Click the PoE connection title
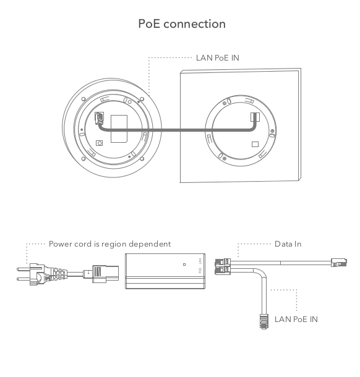(x=182, y=24)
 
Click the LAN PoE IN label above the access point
(x=218, y=58)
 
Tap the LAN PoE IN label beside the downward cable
(x=296, y=320)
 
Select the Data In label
(x=288, y=244)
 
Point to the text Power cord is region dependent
(x=109, y=244)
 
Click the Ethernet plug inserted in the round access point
(x=99, y=118)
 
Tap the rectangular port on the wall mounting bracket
(x=255, y=117)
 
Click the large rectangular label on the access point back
(x=119, y=129)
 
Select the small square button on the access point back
(x=100, y=143)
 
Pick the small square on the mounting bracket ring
(x=255, y=144)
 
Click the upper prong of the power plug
(x=24, y=269)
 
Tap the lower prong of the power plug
(x=24, y=279)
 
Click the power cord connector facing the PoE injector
(x=105, y=274)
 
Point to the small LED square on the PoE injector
(x=184, y=265)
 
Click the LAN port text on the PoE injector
(x=200, y=261)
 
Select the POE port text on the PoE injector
(x=200, y=270)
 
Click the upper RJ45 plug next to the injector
(x=223, y=262)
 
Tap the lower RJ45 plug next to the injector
(x=223, y=270)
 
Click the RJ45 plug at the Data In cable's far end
(x=339, y=262)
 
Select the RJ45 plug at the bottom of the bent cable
(x=264, y=321)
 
